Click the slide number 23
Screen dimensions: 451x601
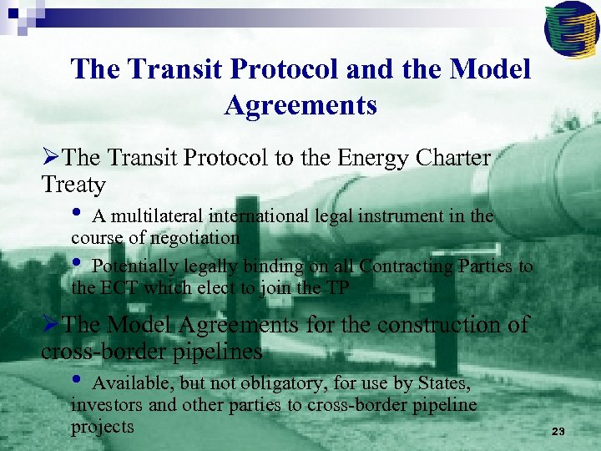coord(558,431)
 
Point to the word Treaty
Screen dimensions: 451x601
coord(73,185)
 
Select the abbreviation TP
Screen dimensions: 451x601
coord(337,288)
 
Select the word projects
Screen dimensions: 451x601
coord(103,426)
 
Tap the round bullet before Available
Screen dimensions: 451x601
coord(78,381)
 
